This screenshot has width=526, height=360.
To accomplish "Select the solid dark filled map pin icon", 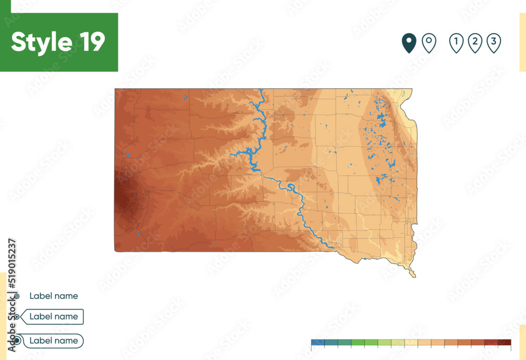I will coord(409,43).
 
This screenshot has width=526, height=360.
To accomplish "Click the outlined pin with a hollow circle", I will coord(429,43).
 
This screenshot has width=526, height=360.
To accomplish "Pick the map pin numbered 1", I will coord(456,43).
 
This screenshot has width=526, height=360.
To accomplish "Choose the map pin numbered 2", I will coord(475,43).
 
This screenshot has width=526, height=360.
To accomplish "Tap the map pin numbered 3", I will coord(493,43).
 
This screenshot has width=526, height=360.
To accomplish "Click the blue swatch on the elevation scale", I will coord(318,343).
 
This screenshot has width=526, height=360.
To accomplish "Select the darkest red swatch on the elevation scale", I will coord(504,343).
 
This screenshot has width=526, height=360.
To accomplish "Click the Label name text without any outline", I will coord(54,296).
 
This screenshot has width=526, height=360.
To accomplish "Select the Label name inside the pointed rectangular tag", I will coord(54,316).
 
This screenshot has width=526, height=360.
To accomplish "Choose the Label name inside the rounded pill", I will coord(54,341).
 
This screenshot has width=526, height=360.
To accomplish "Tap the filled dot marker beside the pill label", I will coord(17,341).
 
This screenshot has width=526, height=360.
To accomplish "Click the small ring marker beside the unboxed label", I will coord(17,296).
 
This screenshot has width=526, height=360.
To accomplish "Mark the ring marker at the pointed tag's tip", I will coord(17,317).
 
